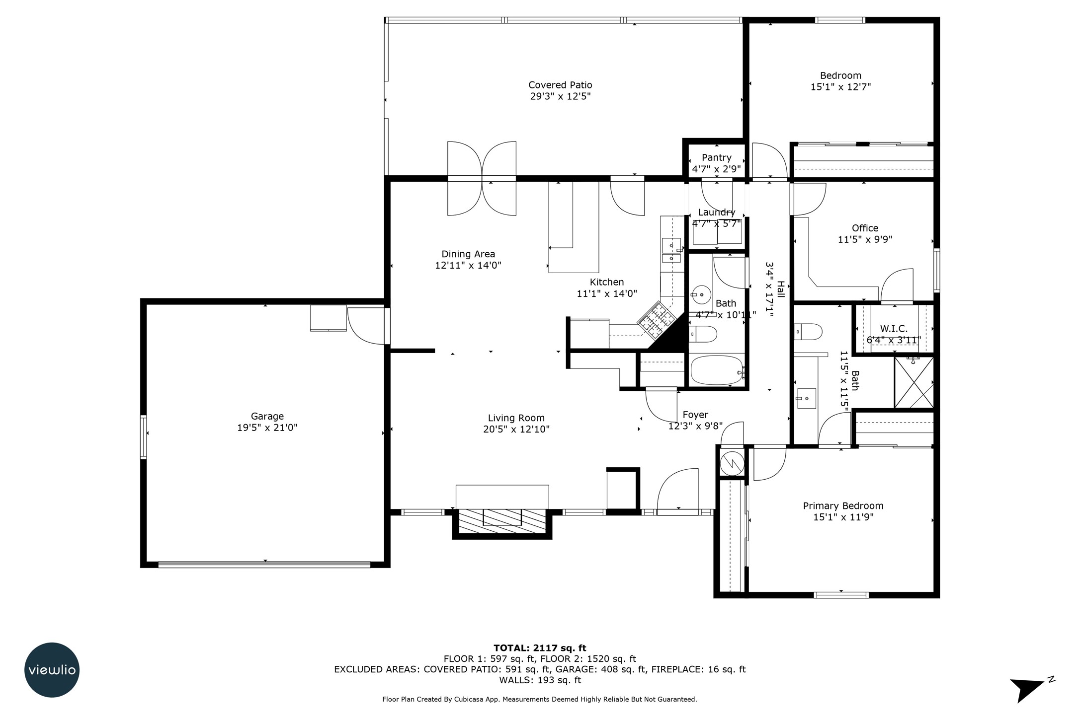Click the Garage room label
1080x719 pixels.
point(267,416)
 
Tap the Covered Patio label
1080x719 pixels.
point(560,85)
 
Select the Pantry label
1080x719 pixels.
point(716,157)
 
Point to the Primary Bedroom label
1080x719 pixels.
point(843,505)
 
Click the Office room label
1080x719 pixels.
point(865,228)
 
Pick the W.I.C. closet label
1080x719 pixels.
point(894,329)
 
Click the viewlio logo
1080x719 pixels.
point(52,670)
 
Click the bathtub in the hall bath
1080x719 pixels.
point(717,370)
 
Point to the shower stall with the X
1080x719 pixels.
point(914,382)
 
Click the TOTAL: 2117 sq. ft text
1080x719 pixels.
point(540,647)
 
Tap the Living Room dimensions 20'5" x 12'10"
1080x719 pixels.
point(516,429)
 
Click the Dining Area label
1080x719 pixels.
point(468,254)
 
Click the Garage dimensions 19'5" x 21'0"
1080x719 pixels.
point(267,428)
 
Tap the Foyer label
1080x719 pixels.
point(695,415)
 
